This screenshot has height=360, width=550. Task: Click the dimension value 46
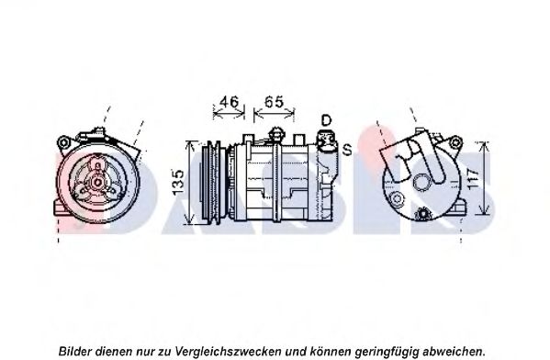229,102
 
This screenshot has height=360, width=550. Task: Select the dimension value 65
274,102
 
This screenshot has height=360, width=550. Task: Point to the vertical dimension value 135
178,183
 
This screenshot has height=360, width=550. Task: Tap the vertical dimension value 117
473,179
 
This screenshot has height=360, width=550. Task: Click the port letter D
326,120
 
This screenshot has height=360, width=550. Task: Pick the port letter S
347,151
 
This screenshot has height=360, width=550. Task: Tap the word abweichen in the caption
455,351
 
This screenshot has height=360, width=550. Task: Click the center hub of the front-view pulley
97,182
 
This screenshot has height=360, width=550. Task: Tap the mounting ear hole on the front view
63,143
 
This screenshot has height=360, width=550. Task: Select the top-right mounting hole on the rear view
455,142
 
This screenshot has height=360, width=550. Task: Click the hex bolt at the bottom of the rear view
422,214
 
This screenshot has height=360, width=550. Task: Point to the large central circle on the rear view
421,183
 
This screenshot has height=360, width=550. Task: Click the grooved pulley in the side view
212,182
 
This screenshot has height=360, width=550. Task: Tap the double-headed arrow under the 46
229,113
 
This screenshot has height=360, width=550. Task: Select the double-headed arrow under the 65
274,113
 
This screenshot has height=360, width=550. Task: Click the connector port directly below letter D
327,141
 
